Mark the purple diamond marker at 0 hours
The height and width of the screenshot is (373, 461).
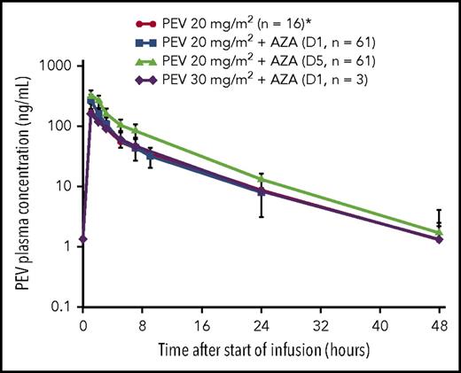click(x=82, y=238)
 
